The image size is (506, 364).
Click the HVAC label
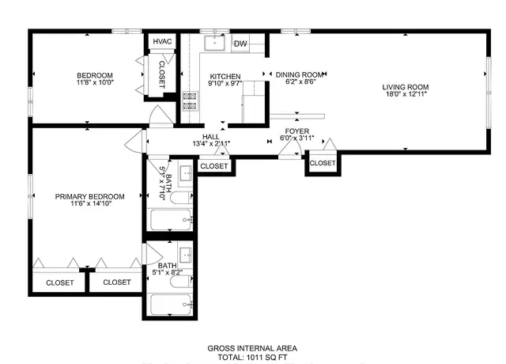pos(162,41)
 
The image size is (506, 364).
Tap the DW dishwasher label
pos(240,44)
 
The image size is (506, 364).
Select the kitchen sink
pos(214,43)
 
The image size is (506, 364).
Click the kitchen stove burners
pos(190,100)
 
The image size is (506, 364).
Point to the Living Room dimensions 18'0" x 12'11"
pos(406,94)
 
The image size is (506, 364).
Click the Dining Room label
pos(300,74)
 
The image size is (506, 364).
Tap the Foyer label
pos(297,131)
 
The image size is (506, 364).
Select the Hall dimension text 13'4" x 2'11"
pos(211,144)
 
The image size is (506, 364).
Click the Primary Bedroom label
pos(89,196)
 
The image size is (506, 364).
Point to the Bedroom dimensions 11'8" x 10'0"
pos(95,82)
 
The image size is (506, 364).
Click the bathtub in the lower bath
pos(171,304)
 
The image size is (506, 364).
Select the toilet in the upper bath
pos(181,198)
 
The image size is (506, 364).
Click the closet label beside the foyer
pos(323,163)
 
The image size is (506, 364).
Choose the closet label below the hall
pos(214,166)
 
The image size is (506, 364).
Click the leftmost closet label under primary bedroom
pos(60,283)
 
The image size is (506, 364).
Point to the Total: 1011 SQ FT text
pos(252,357)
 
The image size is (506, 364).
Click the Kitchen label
pos(225,77)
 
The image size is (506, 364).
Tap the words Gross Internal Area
pos(252,348)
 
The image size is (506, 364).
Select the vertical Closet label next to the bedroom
pos(161,74)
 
